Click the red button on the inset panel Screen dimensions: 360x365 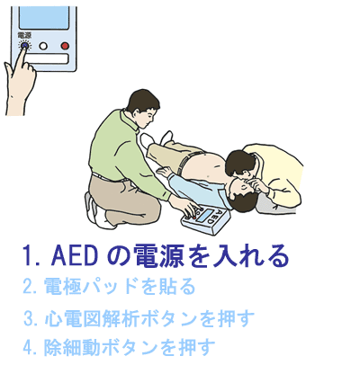pos(65,46)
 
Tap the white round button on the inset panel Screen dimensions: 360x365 pos(43,46)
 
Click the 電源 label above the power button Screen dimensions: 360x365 pos(24,36)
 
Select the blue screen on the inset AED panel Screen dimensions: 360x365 pos(44,17)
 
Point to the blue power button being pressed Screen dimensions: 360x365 pos(24,46)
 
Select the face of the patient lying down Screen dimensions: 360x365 pos(242,189)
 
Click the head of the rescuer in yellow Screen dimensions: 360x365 pos(241,165)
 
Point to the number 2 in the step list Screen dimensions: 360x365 pos(28,287)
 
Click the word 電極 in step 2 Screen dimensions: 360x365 pos(62,286)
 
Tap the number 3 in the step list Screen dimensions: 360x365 pos(29,319)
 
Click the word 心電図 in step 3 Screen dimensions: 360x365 pos(72,318)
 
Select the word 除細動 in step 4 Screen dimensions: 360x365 pos(72,347)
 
